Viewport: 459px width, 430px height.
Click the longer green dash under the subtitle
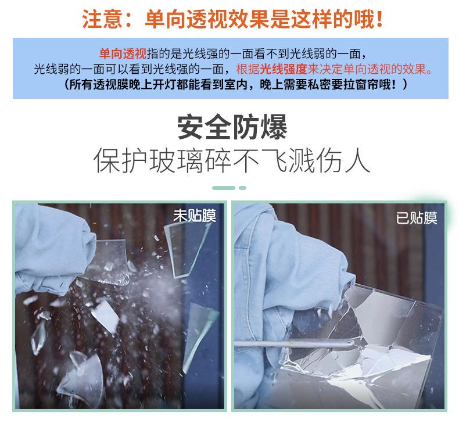(224, 188)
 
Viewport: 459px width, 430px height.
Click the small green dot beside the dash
(243, 188)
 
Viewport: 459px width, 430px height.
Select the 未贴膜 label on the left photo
(195, 216)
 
